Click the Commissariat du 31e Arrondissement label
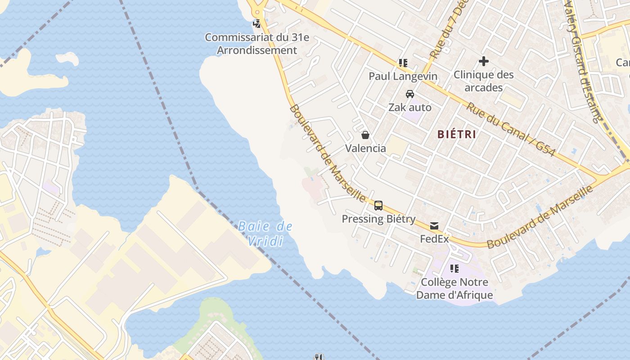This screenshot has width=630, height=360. pos(257,44)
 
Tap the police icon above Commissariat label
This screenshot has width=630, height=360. pos(257,23)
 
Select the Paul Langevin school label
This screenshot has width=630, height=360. pos(403,76)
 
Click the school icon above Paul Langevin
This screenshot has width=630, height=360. pos(403,63)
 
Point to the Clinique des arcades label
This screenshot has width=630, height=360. pos(483,81)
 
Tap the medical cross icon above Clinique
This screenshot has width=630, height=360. pos(484,61)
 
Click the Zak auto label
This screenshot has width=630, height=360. pos(409,108)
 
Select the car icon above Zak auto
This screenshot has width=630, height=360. pos(409,94)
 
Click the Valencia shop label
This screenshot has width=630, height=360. pos(365,148)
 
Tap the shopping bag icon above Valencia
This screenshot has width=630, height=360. pos(365,135)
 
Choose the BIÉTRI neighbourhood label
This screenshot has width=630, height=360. pos(457,134)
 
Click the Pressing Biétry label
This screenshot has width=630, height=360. pos(378,219)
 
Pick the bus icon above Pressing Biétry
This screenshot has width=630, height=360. pos(378,206)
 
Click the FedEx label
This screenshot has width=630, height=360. pos(434,239)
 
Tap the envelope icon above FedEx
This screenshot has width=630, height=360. pos(434,225)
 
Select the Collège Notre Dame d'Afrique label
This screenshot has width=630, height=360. pos(454,288)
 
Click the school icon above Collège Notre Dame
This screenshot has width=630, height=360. pos(454,269)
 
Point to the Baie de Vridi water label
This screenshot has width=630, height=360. pos(265,234)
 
